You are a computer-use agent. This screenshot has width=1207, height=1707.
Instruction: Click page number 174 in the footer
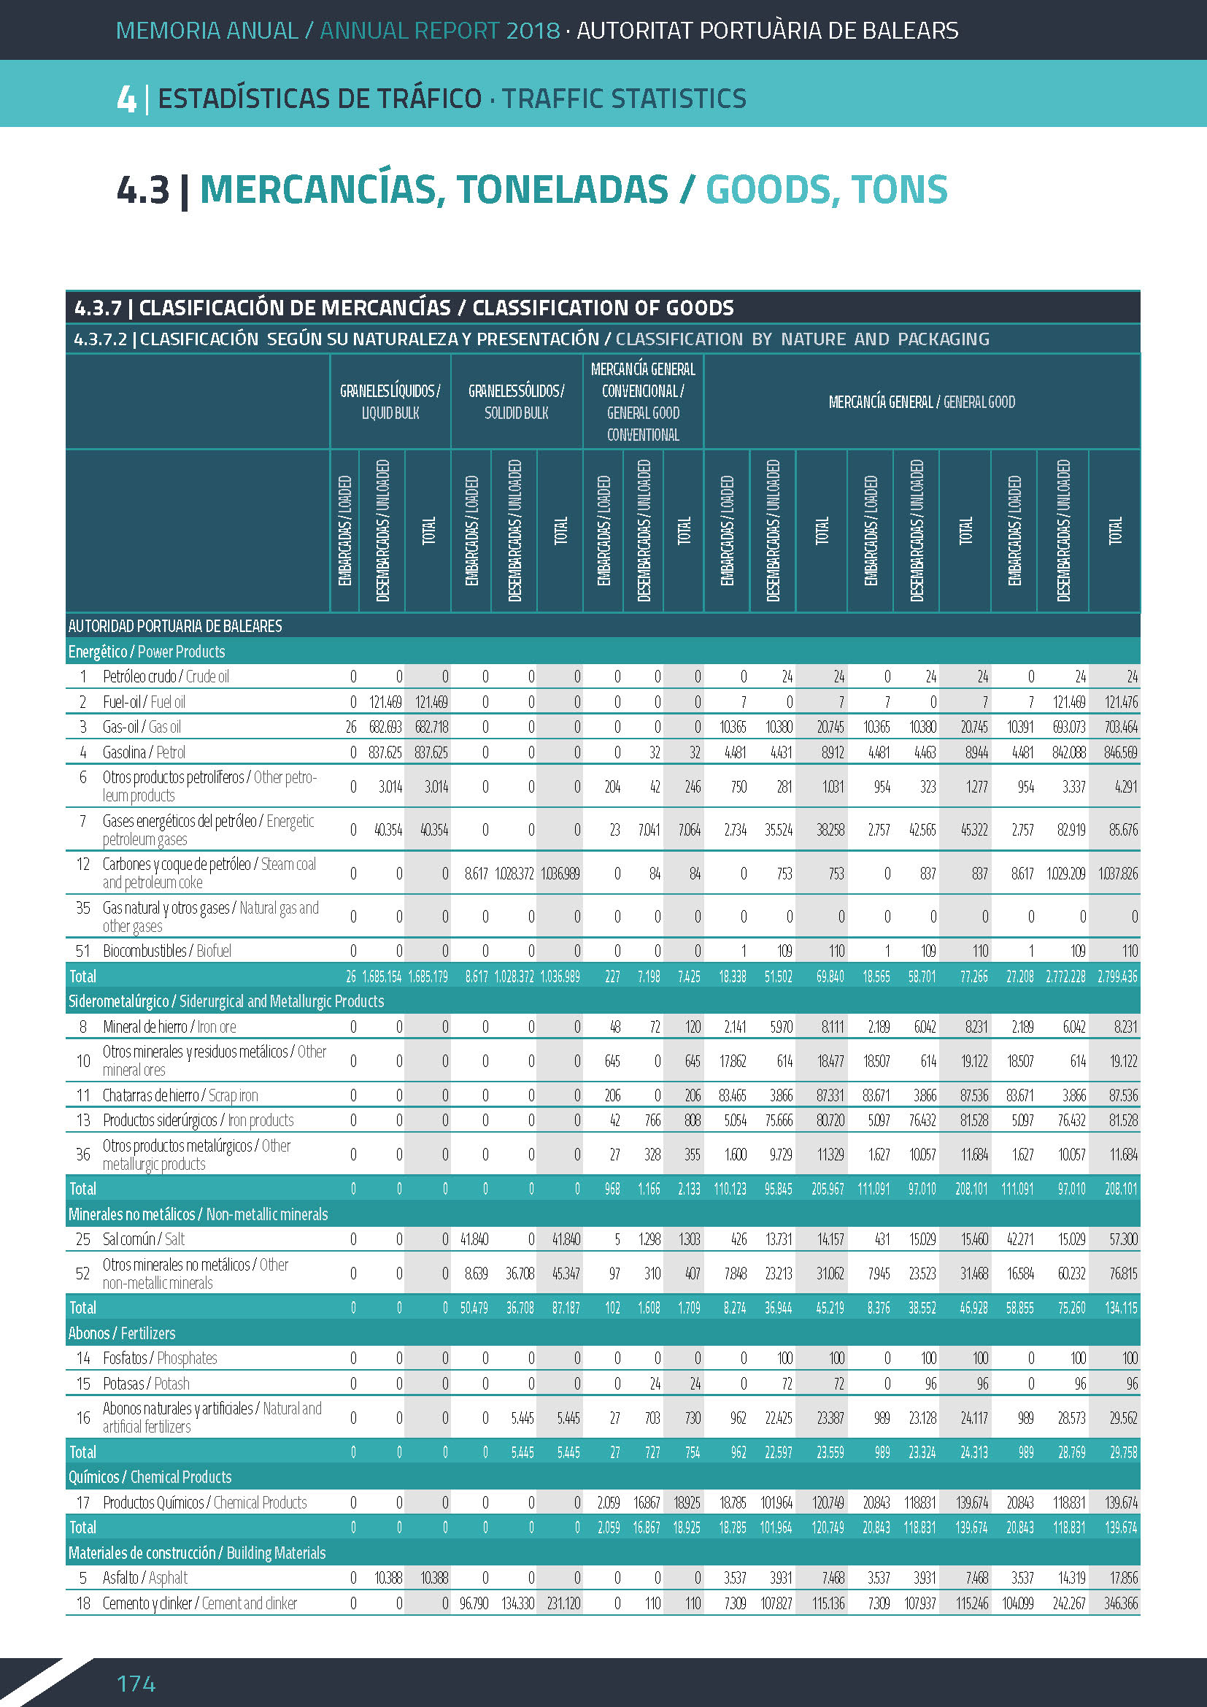coord(136,1682)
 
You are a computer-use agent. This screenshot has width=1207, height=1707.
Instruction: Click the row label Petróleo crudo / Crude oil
coord(166,677)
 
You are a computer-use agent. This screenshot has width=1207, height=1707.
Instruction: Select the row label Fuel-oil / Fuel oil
coord(144,702)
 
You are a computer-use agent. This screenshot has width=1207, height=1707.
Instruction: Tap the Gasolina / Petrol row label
coord(144,752)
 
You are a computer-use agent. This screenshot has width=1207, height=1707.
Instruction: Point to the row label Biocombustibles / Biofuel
coord(167,951)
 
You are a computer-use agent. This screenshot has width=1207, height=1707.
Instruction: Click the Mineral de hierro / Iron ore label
coord(169,1027)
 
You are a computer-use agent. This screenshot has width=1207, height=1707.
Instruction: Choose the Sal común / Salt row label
coord(144,1239)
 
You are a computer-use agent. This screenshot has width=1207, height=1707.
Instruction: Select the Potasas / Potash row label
coord(147,1384)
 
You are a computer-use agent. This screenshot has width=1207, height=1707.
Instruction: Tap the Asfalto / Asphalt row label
coord(145,1578)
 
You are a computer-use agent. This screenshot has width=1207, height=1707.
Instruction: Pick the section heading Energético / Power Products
coord(147,652)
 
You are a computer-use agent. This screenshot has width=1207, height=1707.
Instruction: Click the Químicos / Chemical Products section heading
coord(150,1476)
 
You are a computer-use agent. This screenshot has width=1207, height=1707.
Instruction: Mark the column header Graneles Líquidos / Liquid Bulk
coord(390,401)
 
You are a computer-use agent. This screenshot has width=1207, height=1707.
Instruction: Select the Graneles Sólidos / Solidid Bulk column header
coord(517,401)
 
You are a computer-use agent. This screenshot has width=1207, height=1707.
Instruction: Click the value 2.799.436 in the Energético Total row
coord(1118,977)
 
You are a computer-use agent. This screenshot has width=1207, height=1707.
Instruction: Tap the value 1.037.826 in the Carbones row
coord(1118,874)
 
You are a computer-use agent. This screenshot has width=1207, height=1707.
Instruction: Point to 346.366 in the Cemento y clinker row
coord(1121,1603)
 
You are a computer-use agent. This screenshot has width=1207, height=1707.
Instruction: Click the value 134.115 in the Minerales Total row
coord(1121,1308)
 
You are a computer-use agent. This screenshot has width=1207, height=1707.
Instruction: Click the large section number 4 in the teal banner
coord(126,99)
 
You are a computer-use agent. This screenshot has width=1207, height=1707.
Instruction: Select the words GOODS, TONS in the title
coord(827,190)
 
